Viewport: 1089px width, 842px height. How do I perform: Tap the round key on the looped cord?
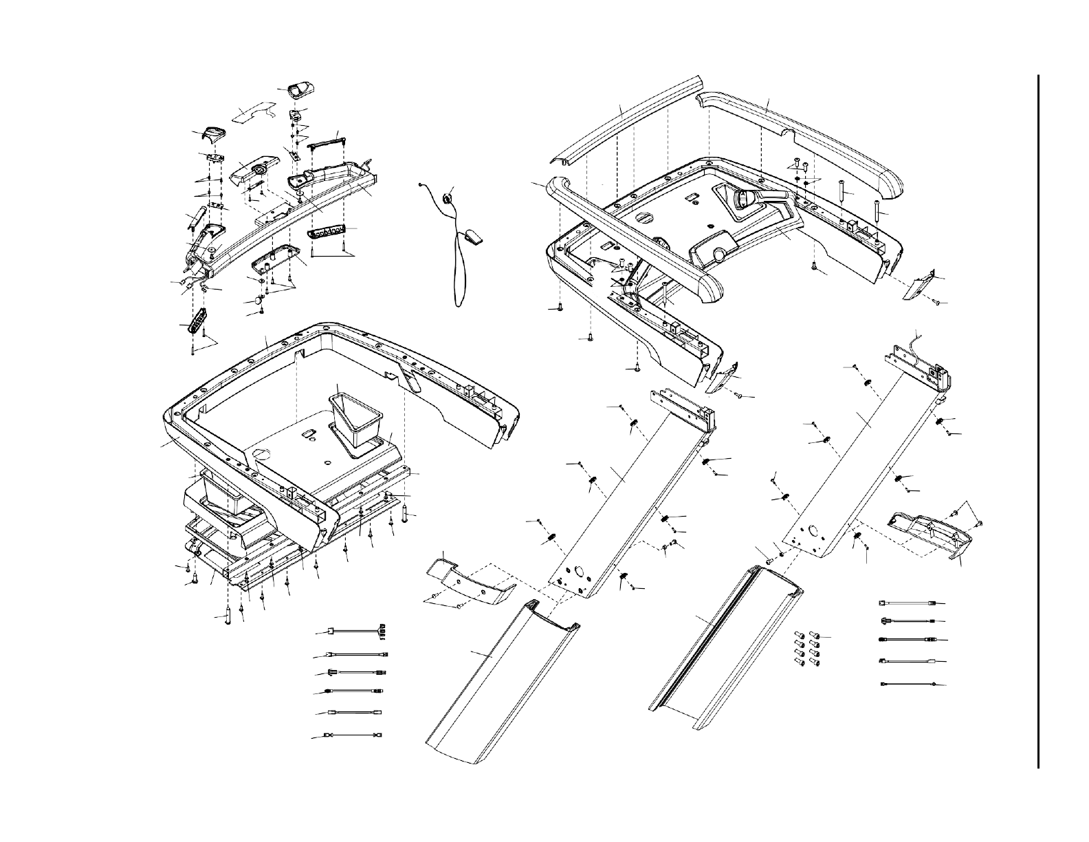pyautogui.click(x=448, y=199)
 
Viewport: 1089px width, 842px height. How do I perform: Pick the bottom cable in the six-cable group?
pyautogui.click(x=355, y=735)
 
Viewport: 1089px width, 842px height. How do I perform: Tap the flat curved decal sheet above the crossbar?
pyautogui.click(x=252, y=112)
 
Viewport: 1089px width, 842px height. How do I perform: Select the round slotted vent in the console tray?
pyautogui.click(x=644, y=217)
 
